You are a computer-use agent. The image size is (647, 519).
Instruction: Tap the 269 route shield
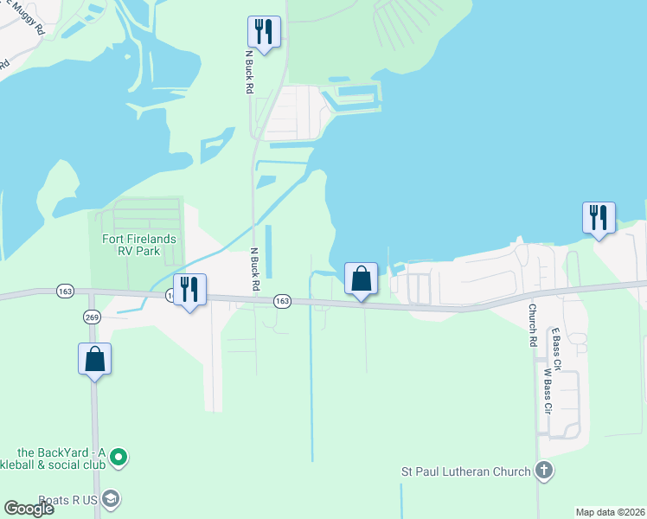click(92, 317)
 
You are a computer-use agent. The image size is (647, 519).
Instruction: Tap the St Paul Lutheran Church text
click(464, 471)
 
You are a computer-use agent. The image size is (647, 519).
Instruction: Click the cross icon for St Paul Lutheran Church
click(543, 471)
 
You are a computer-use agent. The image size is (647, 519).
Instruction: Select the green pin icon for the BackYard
click(120, 456)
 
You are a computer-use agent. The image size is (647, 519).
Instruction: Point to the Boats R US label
click(61, 498)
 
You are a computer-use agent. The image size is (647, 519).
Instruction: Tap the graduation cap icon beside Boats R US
click(111, 498)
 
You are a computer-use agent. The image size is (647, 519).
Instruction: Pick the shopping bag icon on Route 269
click(95, 358)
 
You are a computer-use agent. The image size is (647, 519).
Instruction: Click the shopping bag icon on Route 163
click(362, 279)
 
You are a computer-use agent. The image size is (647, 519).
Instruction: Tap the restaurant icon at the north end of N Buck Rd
click(262, 32)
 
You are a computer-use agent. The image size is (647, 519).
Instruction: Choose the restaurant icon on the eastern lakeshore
click(599, 217)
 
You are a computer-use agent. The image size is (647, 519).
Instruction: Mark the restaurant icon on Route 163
click(189, 288)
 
